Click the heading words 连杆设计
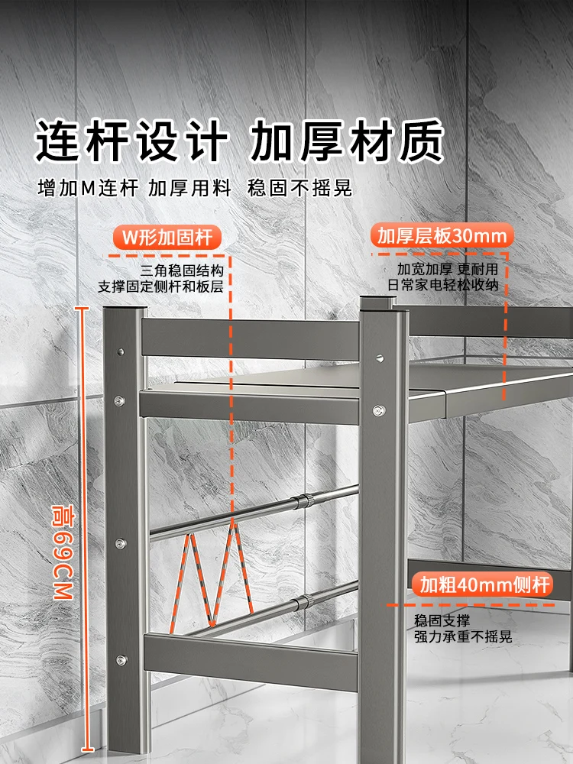click(x=131, y=141)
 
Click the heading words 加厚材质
click(x=348, y=141)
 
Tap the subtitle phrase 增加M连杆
click(x=88, y=188)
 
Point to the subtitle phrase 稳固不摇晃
click(x=299, y=188)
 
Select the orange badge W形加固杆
click(x=167, y=238)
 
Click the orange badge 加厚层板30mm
click(x=442, y=236)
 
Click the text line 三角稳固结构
click(x=182, y=270)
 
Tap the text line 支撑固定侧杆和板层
click(x=160, y=286)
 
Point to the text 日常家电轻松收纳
click(x=443, y=285)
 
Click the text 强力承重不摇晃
click(x=463, y=636)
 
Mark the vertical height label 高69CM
click(x=63, y=552)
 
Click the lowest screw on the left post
click(x=121, y=660)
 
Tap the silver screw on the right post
click(x=379, y=410)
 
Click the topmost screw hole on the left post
click(x=121, y=351)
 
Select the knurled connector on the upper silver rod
click(x=305, y=501)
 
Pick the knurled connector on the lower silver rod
click(x=304, y=602)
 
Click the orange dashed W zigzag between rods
click(x=212, y=575)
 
